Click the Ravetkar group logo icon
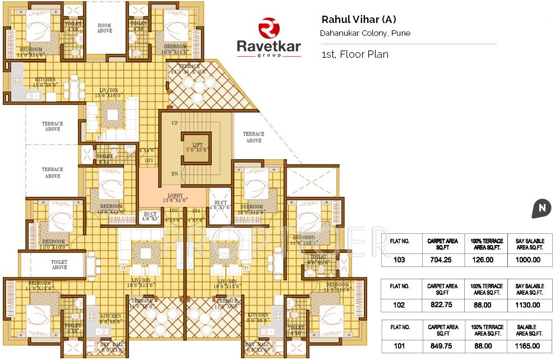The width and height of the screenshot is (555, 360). pyautogui.click(x=269, y=28)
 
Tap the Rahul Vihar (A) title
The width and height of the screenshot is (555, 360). pyautogui.click(x=359, y=19)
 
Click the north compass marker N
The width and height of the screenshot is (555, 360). pyautogui.click(x=542, y=208)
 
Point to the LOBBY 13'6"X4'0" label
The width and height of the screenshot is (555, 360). pyautogui.click(x=175, y=197)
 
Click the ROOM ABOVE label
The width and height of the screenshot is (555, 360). pyautogui.click(x=105, y=28)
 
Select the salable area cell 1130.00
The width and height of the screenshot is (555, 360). pyautogui.click(x=529, y=305)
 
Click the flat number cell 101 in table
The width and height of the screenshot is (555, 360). pyautogui.click(x=399, y=346)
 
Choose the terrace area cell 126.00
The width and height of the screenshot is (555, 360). pyautogui.click(x=485, y=260)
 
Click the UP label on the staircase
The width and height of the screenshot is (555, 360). pyautogui.click(x=174, y=123)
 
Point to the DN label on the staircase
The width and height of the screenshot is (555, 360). pyautogui.click(x=174, y=173)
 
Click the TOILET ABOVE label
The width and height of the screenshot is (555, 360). pyautogui.click(x=59, y=265)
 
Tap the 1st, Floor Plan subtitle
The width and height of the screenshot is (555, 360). pyautogui.click(x=355, y=54)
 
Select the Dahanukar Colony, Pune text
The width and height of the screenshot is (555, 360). pyautogui.click(x=365, y=33)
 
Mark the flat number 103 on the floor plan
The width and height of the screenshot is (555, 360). pyautogui.click(x=148, y=160)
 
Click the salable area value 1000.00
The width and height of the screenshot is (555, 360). pyautogui.click(x=529, y=260)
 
